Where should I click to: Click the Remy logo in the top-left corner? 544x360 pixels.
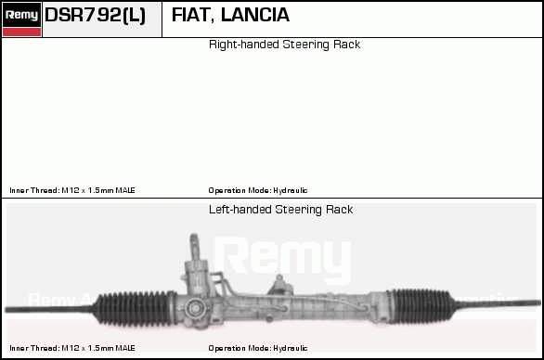point(21,15)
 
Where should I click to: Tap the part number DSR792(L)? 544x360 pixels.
point(95,15)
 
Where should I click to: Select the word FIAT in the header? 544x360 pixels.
point(190,15)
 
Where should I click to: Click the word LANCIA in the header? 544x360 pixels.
point(254,15)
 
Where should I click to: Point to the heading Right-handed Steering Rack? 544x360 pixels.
point(284,45)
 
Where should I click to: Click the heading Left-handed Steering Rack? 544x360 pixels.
point(280,210)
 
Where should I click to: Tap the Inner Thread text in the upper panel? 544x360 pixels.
point(72,190)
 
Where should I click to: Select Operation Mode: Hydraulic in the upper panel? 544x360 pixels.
point(258,190)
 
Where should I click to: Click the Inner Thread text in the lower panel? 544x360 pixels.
point(72,348)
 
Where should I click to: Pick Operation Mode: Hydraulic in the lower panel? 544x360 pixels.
point(258,348)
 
